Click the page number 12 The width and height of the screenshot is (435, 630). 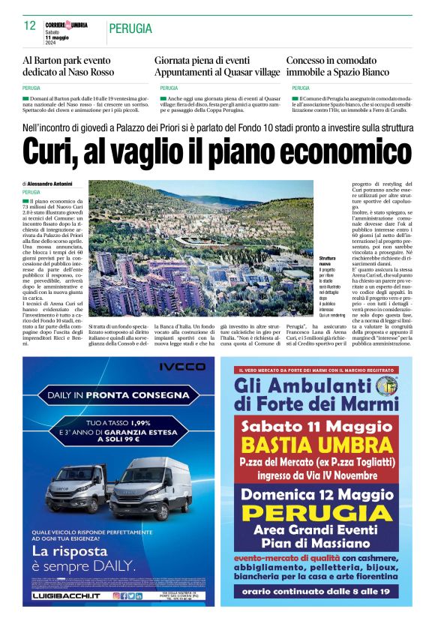30,25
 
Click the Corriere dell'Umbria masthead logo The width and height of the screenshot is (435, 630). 66,25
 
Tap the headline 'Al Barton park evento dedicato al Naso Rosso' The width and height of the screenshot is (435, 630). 68,66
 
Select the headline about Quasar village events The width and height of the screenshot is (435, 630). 217,66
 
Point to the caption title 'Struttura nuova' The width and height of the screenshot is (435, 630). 327,261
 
